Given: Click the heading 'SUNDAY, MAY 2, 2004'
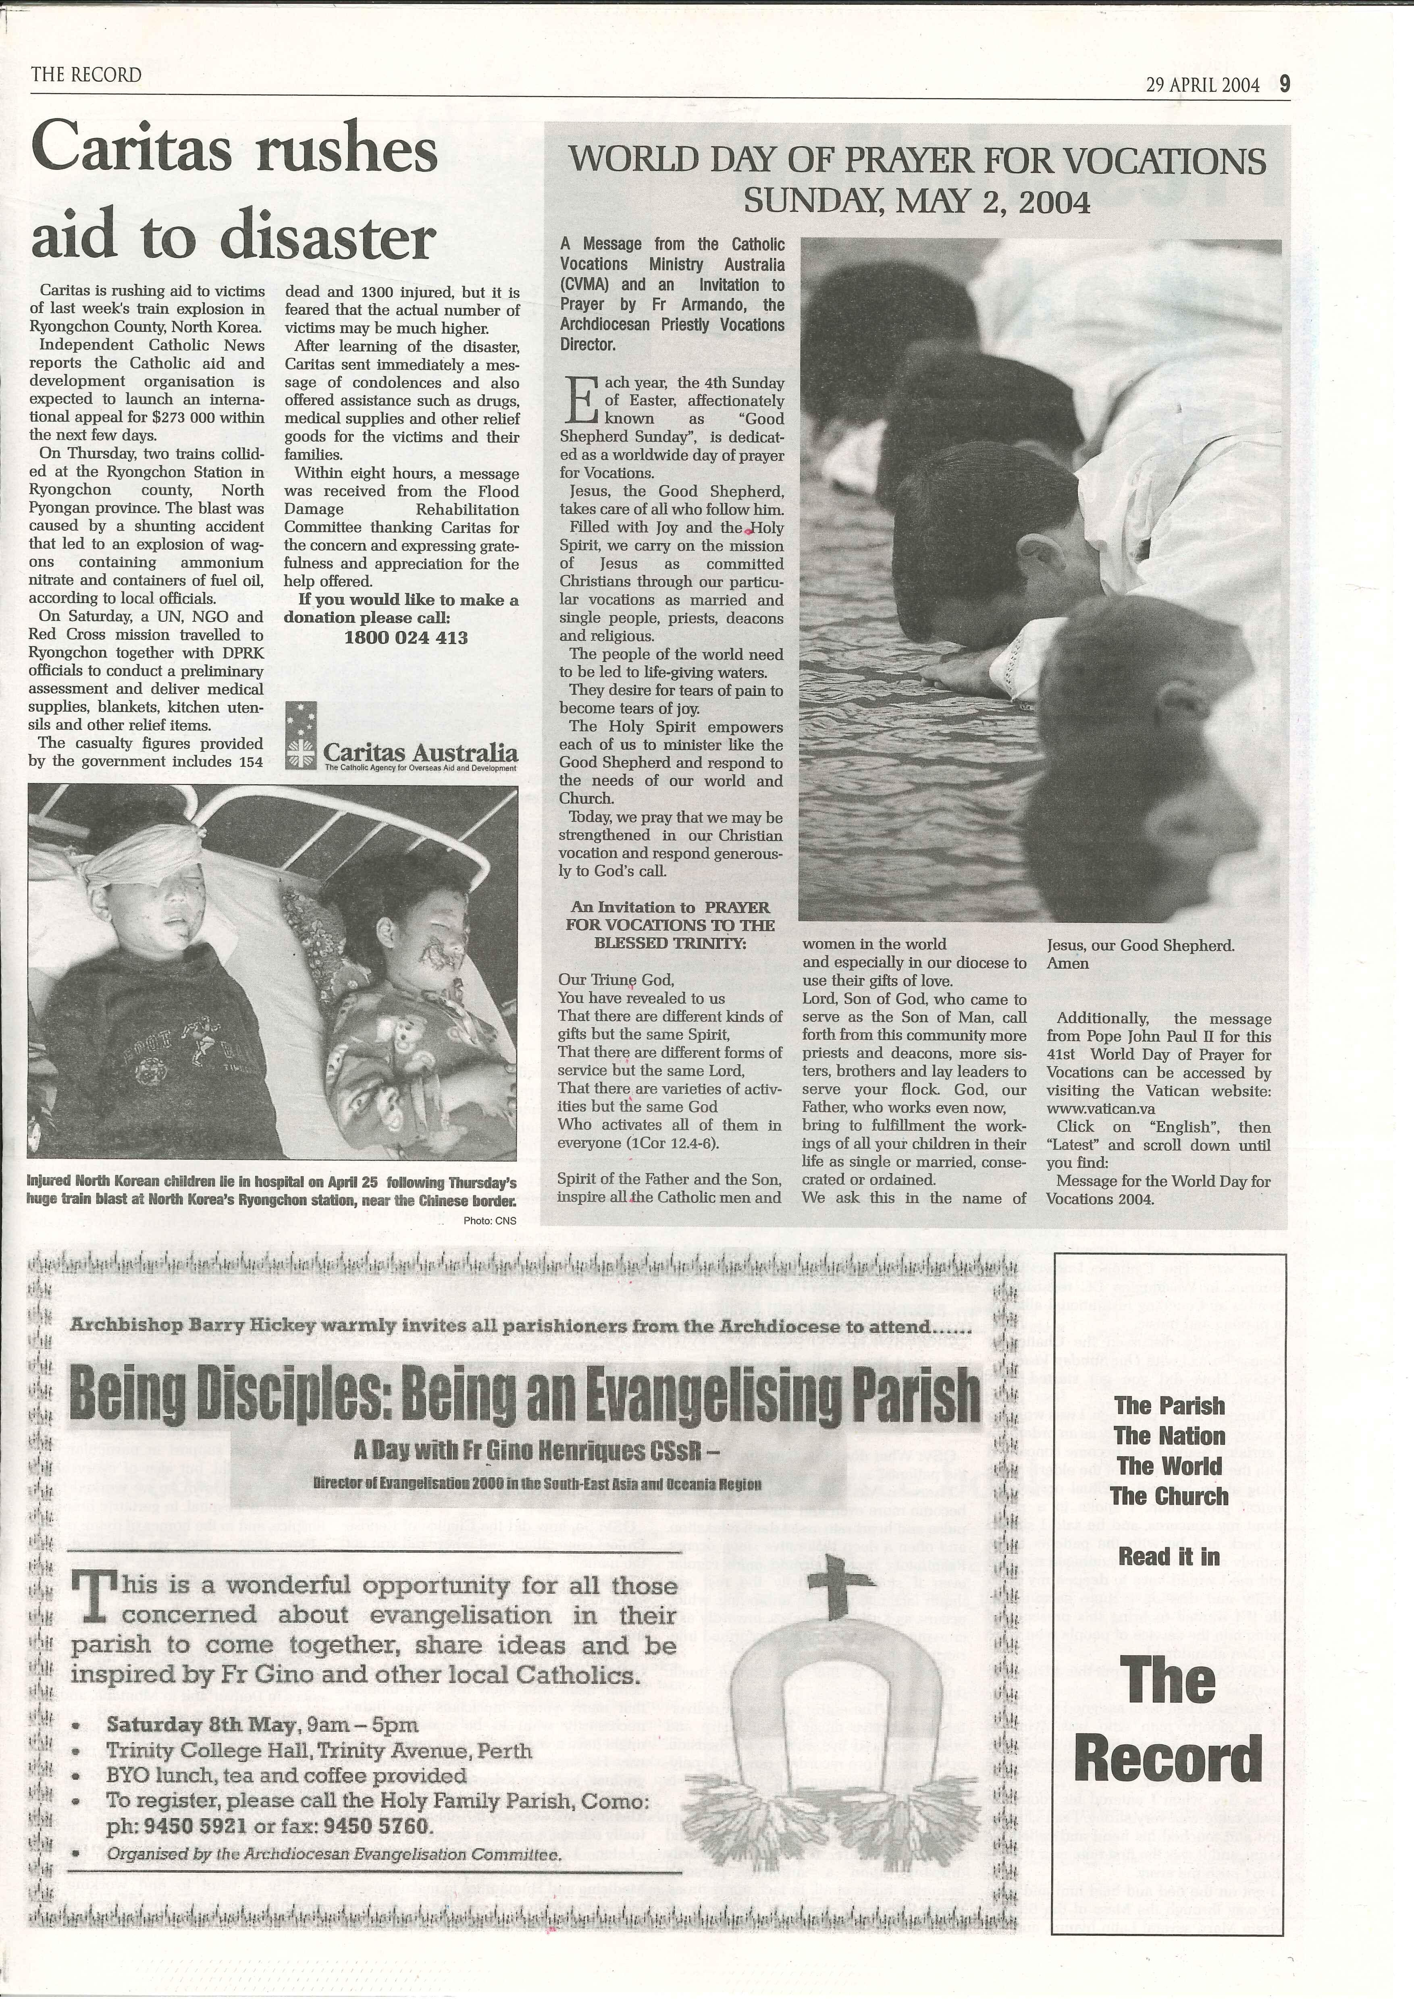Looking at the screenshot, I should pos(916,202).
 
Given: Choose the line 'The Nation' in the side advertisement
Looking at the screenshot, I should pos(1169,1436).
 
